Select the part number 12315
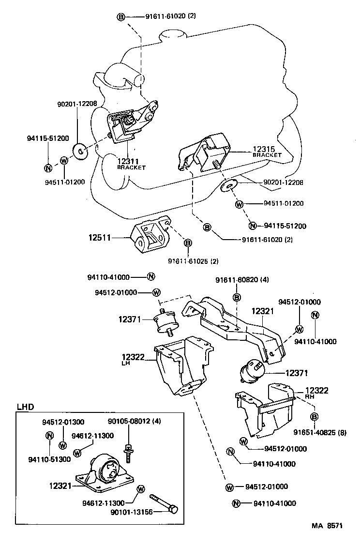[x=264, y=149]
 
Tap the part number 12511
[x=100, y=238]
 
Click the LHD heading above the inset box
[x=25, y=407]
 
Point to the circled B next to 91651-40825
[x=314, y=417]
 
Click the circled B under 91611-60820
[x=237, y=297]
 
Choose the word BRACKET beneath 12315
[x=267, y=155]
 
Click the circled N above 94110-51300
[x=49, y=435]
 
